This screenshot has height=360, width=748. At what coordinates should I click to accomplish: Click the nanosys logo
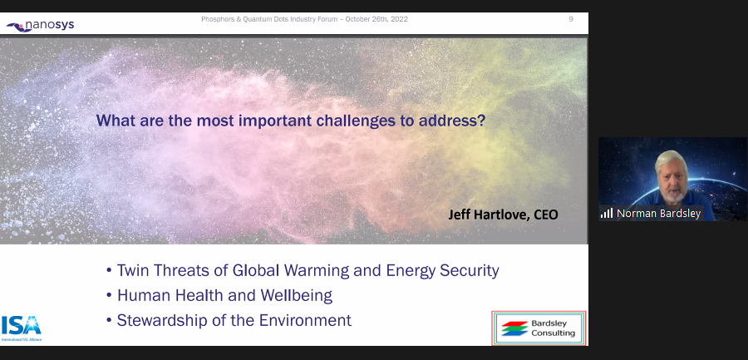[x=40, y=25]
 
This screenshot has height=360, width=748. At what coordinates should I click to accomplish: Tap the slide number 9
[x=570, y=19]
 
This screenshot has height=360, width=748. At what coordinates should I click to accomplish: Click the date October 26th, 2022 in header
[x=376, y=19]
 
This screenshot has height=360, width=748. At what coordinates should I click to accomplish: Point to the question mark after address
[x=481, y=121]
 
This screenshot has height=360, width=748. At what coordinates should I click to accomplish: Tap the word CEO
[x=546, y=215]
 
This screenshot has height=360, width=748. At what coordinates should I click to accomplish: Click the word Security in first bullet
[x=470, y=270]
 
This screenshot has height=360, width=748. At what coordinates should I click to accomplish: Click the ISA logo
[x=22, y=328]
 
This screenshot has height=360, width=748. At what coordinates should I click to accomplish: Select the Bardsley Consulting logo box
[x=539, y=328]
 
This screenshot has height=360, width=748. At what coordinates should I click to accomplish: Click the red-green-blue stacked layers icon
[x=514, y=328]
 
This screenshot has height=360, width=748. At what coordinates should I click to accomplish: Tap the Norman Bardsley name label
[x=658, y=214]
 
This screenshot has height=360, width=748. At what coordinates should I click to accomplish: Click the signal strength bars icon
[x=607, y=213]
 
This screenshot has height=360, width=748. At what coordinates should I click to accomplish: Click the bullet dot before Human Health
[x=109, y=296]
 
